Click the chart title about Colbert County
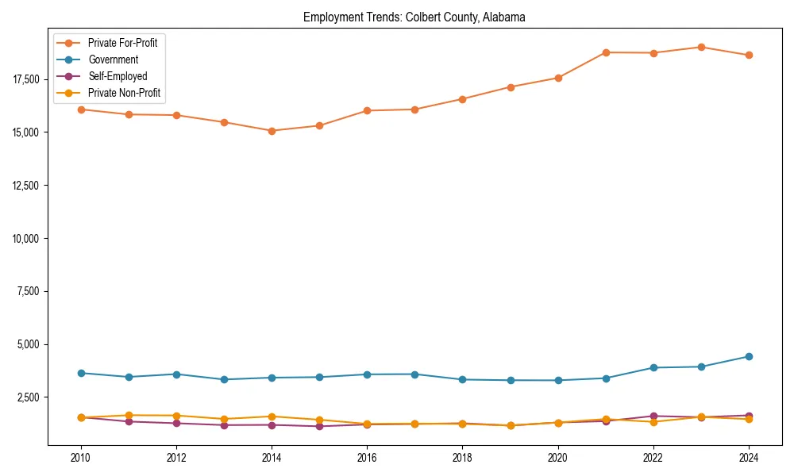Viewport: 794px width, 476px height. pos(414,17)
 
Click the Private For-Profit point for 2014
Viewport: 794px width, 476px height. pos(272,131)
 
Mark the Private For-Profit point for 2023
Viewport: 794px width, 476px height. pos(701,47)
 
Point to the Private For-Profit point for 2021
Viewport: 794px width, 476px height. pos(606,52)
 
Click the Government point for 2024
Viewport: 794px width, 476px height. pos(749,356)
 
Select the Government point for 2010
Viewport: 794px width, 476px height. pos(81,373)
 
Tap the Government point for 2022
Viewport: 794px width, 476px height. pos(653,367)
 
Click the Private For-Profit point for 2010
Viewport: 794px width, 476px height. pos(81,109)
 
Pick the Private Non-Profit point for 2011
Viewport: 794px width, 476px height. pos(129,415)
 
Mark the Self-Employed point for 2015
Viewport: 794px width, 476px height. pos(319,426)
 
